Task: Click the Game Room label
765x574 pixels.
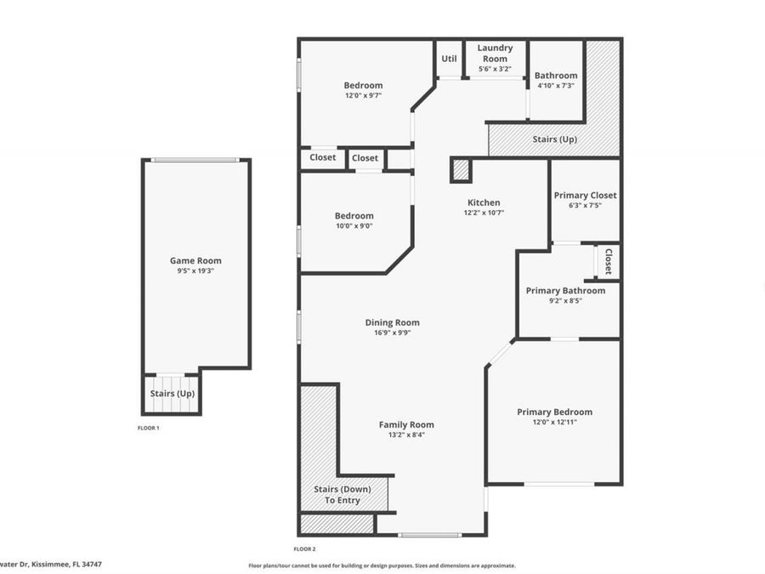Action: [195, 261]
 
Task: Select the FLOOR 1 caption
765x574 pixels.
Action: [148, 428]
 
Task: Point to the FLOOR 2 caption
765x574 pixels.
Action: [304, 548]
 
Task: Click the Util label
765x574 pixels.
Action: [449, 59]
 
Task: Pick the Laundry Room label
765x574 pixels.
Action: [495, 54]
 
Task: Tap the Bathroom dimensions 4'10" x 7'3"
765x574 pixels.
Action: [556, 86]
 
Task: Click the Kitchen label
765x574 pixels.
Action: [484, 202]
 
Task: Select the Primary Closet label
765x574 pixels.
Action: [585, 196]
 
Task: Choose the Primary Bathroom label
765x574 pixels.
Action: [565, 291]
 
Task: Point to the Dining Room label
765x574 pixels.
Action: [392, 322]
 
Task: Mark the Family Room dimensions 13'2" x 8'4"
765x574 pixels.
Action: [406, 435]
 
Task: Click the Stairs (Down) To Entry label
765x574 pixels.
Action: [337, 495]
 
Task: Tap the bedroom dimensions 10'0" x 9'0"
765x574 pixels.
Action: [354, 226]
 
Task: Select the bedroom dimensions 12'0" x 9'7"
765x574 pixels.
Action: [363, 96]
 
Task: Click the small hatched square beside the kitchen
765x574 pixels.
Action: [461, 170]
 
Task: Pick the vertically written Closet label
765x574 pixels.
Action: [608, 261]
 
